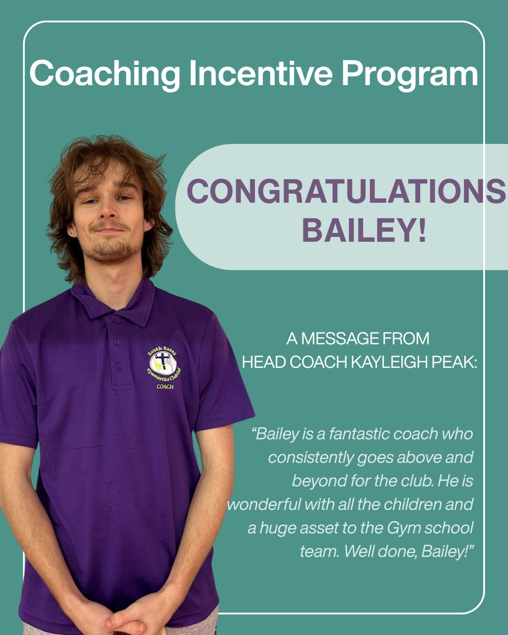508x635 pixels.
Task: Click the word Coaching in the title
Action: point(104,74)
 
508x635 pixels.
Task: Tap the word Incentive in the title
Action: point(260,73)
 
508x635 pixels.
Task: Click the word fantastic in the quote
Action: point(359,434)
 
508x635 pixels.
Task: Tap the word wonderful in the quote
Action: point(264,505)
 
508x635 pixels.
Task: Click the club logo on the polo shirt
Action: point(163,364)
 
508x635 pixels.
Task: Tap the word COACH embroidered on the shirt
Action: point(165,387)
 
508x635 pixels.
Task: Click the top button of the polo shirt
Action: point(117,321)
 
